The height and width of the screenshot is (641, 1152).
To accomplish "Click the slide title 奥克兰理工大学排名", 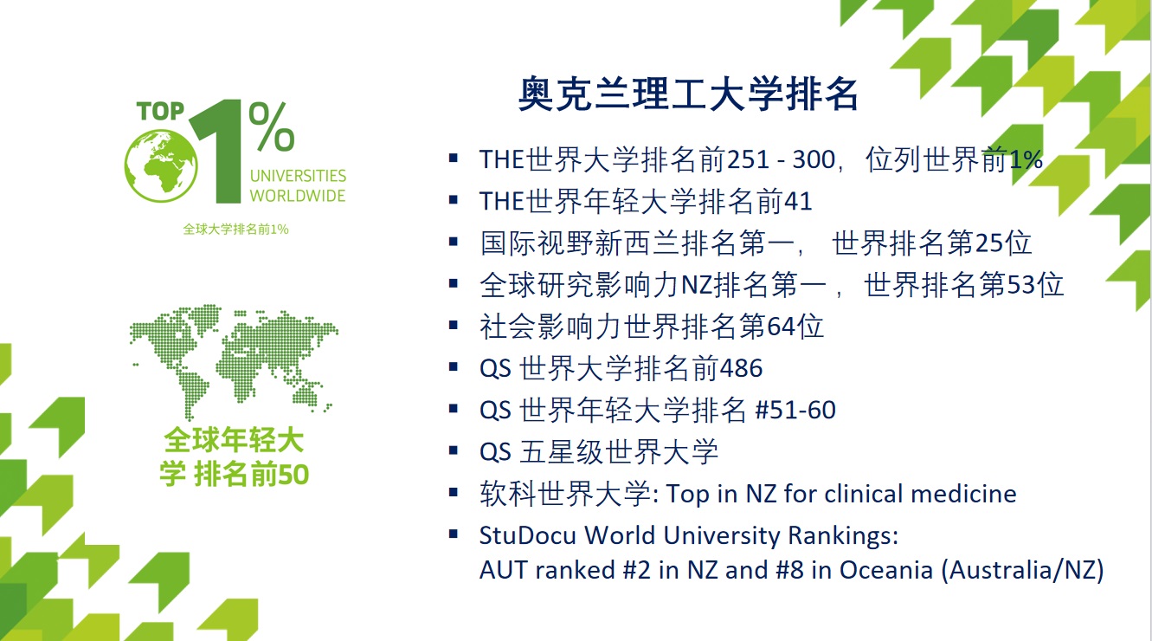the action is pos(688,94).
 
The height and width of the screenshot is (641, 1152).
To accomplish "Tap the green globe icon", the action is pos(161,165).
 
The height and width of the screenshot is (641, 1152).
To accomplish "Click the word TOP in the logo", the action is pos(160,111).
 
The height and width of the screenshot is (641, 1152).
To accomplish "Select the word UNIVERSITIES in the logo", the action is pos(298,176).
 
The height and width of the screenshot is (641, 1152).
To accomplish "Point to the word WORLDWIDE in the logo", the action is pos(298,196).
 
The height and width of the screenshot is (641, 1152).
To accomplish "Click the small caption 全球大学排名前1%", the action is pos(235,229).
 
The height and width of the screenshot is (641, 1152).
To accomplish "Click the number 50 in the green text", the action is pos(293,475).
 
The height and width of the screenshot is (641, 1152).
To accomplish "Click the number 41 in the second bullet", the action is pos(797,201).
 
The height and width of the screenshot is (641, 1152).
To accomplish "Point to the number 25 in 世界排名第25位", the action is pos(989,243).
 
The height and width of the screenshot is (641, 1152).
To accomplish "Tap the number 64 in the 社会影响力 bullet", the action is pos(782,327).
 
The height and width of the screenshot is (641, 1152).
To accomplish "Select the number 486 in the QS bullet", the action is pos(741,368).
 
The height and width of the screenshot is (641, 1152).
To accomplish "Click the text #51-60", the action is pos(795,411).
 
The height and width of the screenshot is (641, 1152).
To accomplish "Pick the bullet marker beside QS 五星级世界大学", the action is pos(453,451).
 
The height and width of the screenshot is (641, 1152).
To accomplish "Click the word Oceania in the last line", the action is pos(886,570).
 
